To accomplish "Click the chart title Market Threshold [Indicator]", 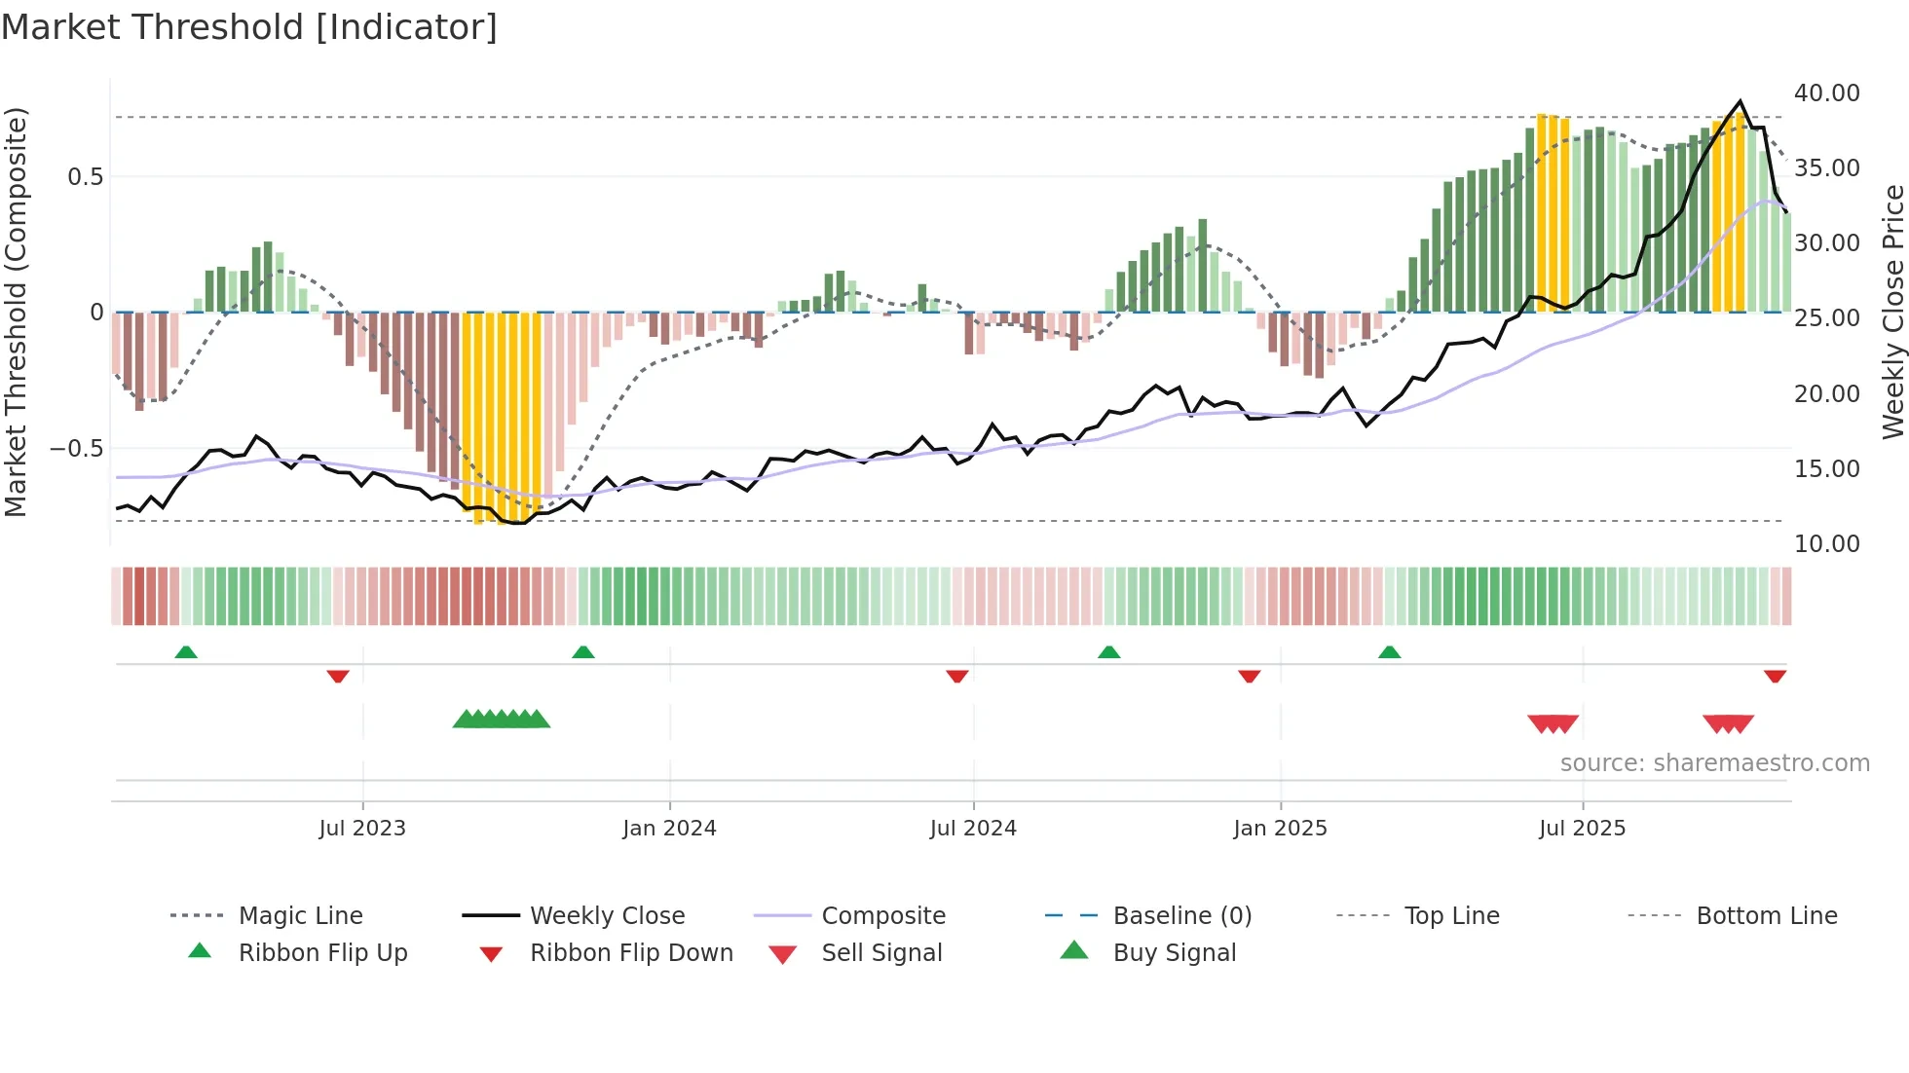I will pos(249,27).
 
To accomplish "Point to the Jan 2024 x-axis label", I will pos(669,829).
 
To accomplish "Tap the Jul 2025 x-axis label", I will pos(1582,829).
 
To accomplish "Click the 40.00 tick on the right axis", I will pos(1826,93).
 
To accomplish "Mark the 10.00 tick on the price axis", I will pos(1826,544).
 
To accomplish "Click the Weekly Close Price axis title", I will pos(1892,312).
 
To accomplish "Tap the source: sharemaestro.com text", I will pos(1714,763).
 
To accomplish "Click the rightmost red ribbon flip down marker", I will pos(1775,676).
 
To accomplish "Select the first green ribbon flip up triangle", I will pos(186,652).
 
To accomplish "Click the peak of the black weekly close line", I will pos(1741,101).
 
